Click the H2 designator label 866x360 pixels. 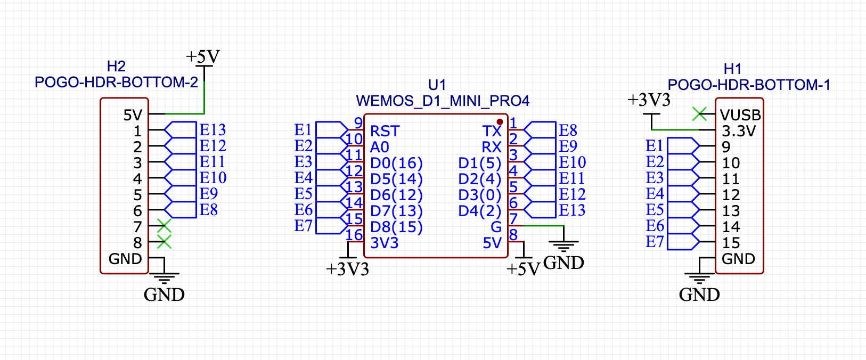point(116,67)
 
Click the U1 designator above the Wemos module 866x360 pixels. point(437,85)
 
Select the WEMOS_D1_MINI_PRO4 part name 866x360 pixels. point(443,101)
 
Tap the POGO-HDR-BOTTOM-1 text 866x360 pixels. point(749,85)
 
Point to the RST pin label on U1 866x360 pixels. point(385,132)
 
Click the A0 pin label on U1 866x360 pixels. point(380,148)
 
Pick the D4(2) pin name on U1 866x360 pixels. point(480,211)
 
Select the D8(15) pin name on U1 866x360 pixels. point(396,227)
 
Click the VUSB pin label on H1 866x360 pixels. point(740,116)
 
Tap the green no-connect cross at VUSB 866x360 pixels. point(699,113)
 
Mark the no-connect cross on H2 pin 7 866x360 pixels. point(164,226)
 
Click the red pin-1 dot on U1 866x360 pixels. point(500,122)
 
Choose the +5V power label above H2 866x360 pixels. point(202,57)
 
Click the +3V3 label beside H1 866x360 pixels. point(649,100)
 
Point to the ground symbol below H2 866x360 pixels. point(165,279)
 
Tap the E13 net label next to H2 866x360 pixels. point(213,130)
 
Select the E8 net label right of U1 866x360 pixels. point(568,130)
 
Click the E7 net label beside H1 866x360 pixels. point(655,242)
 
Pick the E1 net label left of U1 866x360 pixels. point(303,130)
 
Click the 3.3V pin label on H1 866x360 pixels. point(739,132)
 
